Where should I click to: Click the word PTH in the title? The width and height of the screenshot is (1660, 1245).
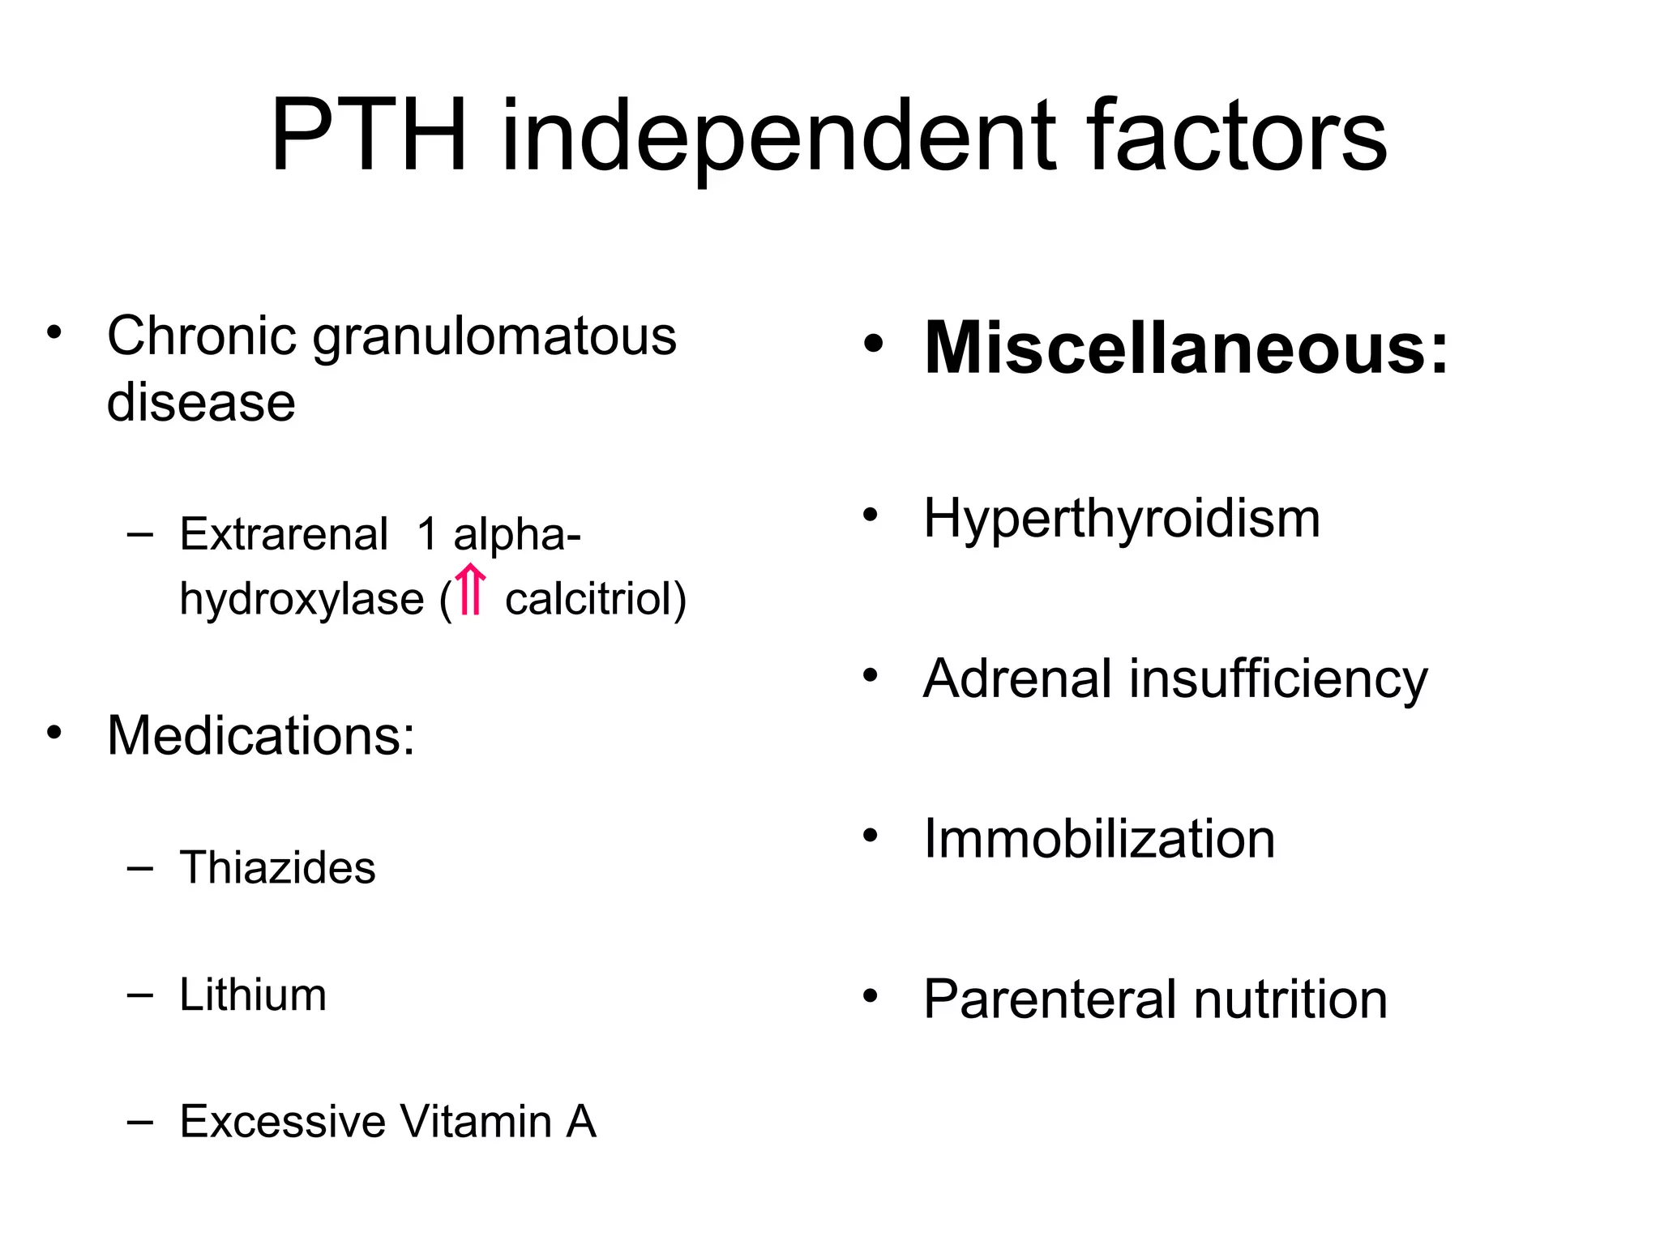[x=370, y=136]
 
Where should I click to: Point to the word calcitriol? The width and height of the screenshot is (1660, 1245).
[x=596, y=600]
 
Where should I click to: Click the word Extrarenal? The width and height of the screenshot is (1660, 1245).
[x=284, y=535]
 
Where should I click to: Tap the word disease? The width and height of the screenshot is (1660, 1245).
[x=201, y=402]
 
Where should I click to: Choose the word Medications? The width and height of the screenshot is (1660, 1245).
[x=260, y=736]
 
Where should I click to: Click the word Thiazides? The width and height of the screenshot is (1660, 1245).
[x=277, y=868]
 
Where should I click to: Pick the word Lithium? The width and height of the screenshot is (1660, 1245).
[x=253, y=995]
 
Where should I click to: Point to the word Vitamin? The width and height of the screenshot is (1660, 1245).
[x=476, y=1122]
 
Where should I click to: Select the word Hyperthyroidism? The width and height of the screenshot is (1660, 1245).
[x=1122, y=519]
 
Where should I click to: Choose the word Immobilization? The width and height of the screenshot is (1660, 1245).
[x=1099, y=839]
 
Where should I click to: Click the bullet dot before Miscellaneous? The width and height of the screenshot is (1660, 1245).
[x=872, y=344]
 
